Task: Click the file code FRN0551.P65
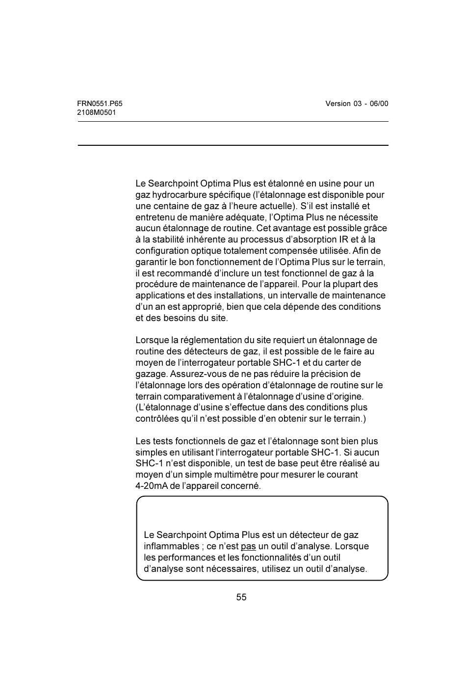pos(100,104)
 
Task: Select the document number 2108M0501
pos(97,112)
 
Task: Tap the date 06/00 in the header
pos(379,104)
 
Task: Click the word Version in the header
pos(338,104)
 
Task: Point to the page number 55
pos(241,597)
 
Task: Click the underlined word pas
pos(248,546)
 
